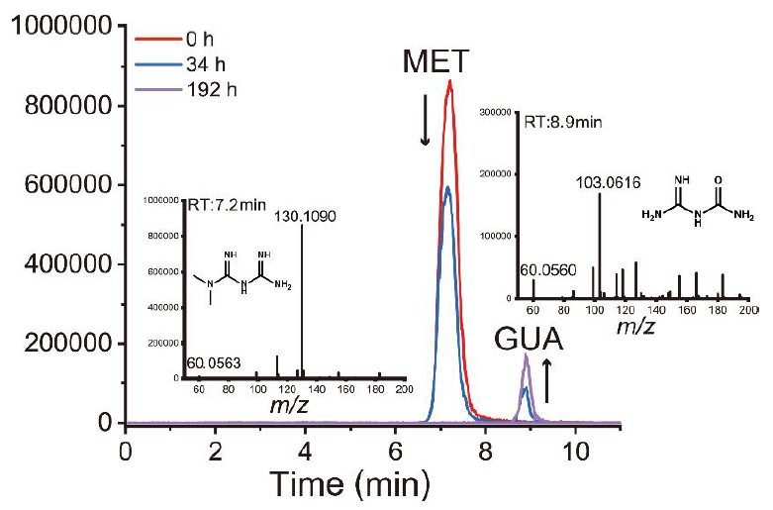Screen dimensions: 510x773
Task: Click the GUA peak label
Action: pyautogui.click(x=529, y=346)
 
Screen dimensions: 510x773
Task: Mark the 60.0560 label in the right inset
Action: pyautogui.click(x=546, y=268)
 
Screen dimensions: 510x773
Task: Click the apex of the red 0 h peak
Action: pyautogui.click(x=449, y=81)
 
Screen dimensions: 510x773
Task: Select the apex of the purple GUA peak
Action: pyautogui.click(x=527, y=356)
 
